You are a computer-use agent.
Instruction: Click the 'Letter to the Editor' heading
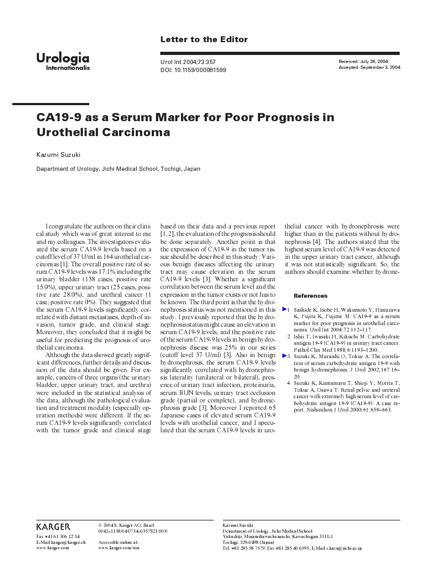(x=204, y=39)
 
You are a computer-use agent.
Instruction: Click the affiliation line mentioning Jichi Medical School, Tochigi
(x=118, y=169)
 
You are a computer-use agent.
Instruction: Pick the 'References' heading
(x=310, y=296)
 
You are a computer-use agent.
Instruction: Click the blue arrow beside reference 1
(x=285, y=310)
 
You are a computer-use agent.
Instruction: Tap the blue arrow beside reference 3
(x=285, y=355)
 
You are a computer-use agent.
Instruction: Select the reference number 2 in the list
(x=289, y=336)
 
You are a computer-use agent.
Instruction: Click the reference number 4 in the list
(x=289, y=383)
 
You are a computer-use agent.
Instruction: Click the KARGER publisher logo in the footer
(x=53, y=527)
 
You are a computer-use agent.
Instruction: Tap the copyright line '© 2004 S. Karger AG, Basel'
(x=126, y=525)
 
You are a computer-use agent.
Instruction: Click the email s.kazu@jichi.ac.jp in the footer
(x=342, y=548)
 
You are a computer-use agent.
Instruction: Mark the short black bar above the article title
(x=50, y=104)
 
